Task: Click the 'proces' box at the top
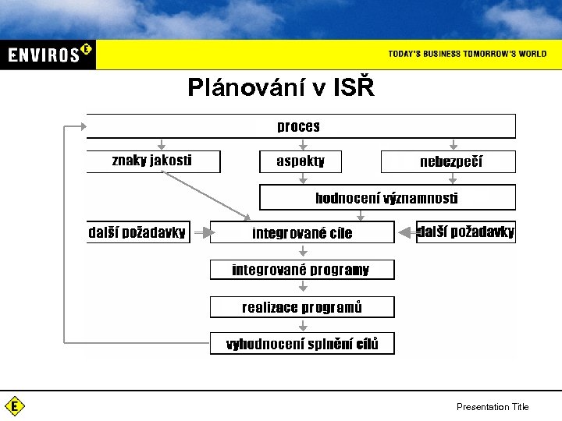[x=301, y=126]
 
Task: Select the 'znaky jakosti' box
[x=153, y=161]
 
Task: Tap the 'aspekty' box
[x=301, y=161]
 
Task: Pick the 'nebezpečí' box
[x=448, y=161]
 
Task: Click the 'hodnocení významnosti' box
[x=387, y=197]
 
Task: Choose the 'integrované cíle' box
[x=302, y=232]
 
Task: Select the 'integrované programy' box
[x=302, y=270]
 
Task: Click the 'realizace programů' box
[x=302, y=307]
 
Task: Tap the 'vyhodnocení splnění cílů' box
[x=302, y=344]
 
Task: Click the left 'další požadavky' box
[x=137, y=232]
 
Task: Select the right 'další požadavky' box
[x=466, y=232]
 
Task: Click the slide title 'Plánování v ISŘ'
[x=281, y=88]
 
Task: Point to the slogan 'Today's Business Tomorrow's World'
[x=467, y=54]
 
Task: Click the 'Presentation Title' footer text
[x=493, y=406]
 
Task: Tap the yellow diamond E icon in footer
[x=15, y=406]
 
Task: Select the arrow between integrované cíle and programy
[x=303, y=251]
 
